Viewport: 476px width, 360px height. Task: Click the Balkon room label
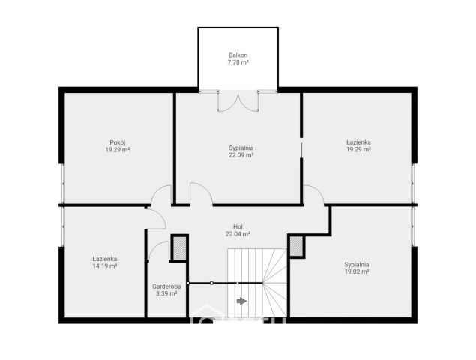[x=238, y=55]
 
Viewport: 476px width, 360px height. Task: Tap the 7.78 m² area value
[x=238, y=62]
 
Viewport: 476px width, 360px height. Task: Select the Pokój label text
[x=118, y=142]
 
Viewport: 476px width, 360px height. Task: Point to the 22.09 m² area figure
[x=241, y=155]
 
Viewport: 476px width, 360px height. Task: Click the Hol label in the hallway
[x=238, y=226]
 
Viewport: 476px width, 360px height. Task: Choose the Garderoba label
[x=166, y=286]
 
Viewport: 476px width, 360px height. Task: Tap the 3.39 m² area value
[x=166, y=293]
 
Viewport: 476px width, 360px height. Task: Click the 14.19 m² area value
[x=105, y=265]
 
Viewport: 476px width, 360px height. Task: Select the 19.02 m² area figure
[x=357, y=271]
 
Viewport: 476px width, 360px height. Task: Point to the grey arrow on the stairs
[x=241, y=301]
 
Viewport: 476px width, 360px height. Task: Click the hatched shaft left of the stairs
[x=179, y=248]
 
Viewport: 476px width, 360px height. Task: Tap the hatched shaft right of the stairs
[x=296, y=246]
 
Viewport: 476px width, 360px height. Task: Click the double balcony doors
[x=238, y=100]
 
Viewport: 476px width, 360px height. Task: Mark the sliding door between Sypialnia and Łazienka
[x=301, y=150]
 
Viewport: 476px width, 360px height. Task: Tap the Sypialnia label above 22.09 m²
[x=241, y=148]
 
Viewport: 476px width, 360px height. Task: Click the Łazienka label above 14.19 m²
[x=105, y=259]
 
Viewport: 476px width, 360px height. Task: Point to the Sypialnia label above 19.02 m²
[x=357, y=264]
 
